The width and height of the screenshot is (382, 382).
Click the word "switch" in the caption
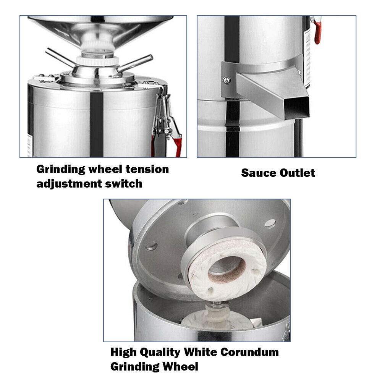click(x=123, y=184)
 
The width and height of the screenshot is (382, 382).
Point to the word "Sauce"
click(x=259, y=173)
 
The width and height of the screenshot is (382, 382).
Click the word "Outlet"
click(x=297, y=173)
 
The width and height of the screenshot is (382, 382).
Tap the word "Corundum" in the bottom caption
click(x=250, y=352)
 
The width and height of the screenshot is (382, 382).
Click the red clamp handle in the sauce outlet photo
click(x=317, y=31)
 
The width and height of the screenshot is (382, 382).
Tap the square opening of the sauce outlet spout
click(x=297, y=107)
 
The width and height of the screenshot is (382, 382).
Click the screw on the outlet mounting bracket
click(x=227, y=80)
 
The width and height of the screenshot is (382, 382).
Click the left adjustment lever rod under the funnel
click(x=59, y=58)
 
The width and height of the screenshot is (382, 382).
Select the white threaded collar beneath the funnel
click(x=97, y=60)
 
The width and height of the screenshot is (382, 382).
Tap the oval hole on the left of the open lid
click(x=151, y=246)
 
